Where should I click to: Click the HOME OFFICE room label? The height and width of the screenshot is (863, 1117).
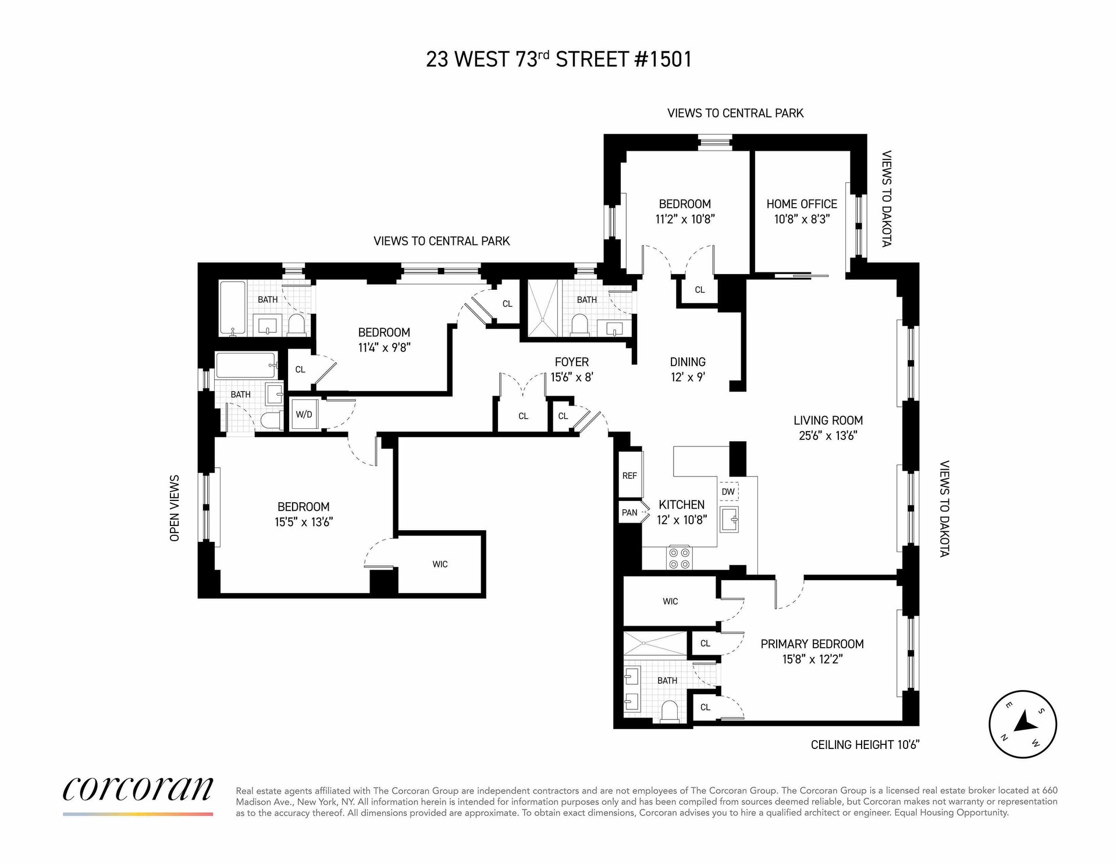(801, 204)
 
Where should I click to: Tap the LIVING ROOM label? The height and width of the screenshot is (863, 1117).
(828, 420)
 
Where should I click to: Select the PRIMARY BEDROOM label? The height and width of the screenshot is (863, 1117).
(812, 644)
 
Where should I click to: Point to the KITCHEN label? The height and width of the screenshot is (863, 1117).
(681, 505)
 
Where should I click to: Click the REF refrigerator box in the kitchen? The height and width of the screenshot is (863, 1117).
(630, 475)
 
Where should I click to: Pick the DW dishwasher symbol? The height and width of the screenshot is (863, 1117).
(728, 492)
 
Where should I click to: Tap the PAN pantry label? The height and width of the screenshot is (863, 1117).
(629, 513)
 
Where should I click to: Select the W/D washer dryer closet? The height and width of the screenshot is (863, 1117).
(304, 414)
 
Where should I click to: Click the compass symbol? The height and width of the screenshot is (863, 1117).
(1023, 724)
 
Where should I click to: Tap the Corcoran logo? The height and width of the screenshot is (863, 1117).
(138, 790)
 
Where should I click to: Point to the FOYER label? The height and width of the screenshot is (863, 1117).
(572, 362)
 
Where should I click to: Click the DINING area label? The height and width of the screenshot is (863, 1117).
(688, 362)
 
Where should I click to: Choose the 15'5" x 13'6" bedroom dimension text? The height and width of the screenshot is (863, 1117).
(304, 522)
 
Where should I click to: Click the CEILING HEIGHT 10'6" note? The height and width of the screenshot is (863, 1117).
(865, 744)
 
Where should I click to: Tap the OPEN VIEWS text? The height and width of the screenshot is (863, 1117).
(175, 508)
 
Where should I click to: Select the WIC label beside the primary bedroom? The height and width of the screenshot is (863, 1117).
(670, 601)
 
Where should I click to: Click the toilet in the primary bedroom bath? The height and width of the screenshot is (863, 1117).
(671, 711)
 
